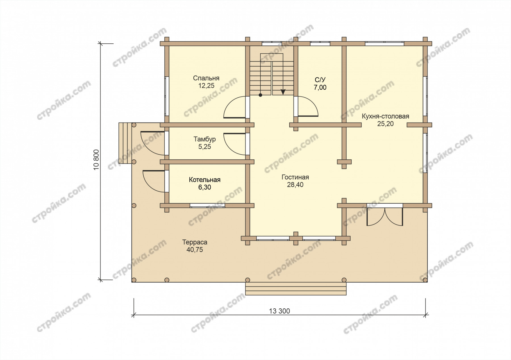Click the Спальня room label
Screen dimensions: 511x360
click(206, 78)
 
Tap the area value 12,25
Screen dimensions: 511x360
click(206, 86)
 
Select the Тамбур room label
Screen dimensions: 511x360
click(205, 139)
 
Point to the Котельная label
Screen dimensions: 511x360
click(205, 180)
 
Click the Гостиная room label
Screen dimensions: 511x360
click(295, 177)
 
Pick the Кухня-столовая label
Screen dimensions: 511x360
click(386, 116)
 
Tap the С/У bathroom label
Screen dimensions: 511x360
click(320, 80)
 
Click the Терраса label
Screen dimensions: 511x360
click(195, 242)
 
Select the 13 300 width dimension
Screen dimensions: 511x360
click(280, 311)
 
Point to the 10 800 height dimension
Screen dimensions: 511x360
click(97, 160)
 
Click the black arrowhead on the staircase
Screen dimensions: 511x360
click(283, 92)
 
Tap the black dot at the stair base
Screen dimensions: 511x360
click(260, 95)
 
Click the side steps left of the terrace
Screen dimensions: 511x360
click(125, 143)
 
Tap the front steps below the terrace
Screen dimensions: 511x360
click(296, 289)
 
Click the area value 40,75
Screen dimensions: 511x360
click(195, 250)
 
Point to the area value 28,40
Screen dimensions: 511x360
click(295, 185)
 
